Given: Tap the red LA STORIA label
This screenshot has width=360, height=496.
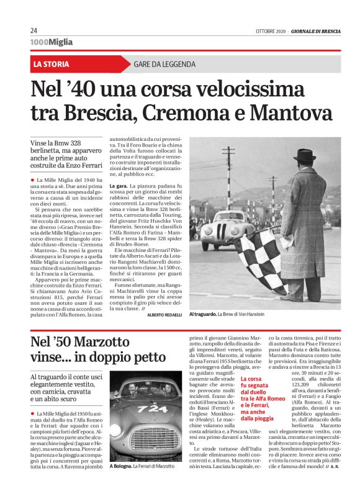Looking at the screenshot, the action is coord(52,64).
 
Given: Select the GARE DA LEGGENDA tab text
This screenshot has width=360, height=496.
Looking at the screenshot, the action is coord(164,64).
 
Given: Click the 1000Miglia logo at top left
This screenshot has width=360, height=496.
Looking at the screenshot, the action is coord(51,42).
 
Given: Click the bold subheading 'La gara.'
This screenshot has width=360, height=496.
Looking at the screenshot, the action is coord(119,186).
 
